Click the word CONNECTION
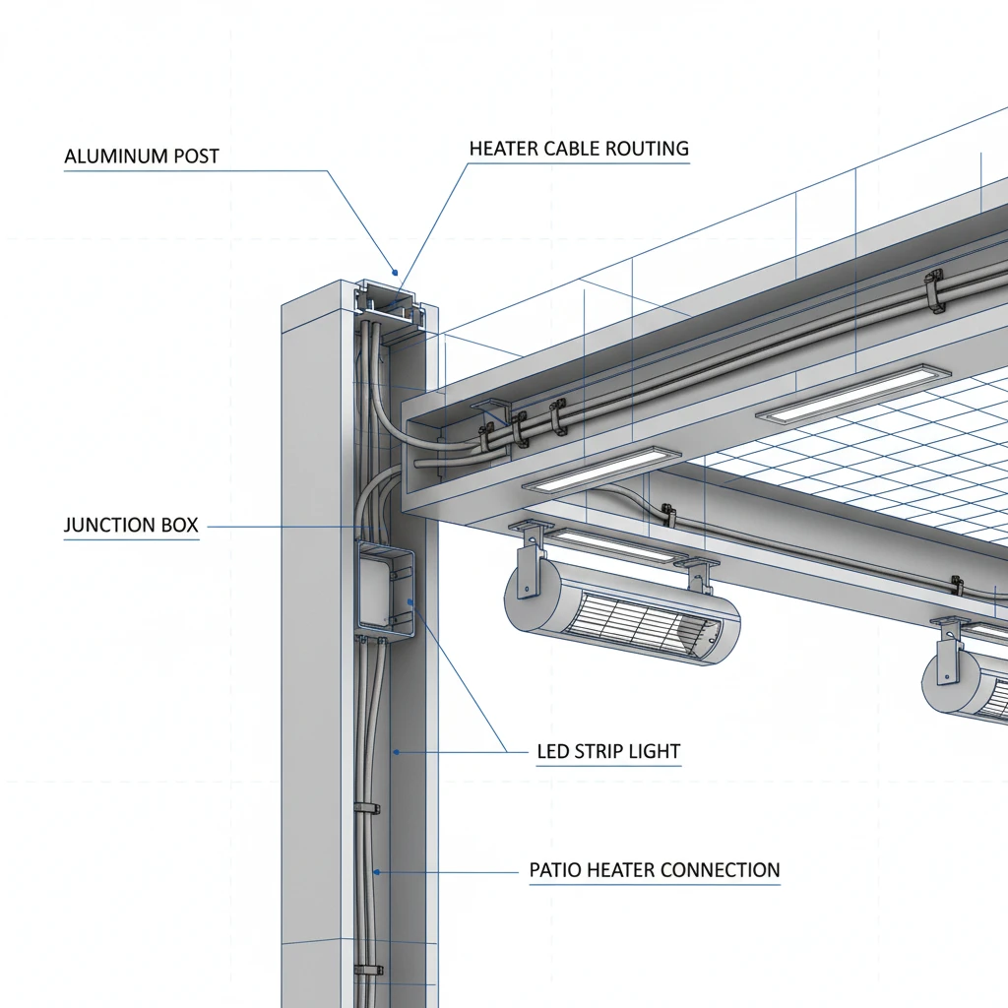pyautogui.click(x=720, y=870)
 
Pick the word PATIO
pyautogui.click(x=555, y=870)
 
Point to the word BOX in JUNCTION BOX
pyautogui.click(x=178, y=526)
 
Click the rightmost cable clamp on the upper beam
pyautogui.click(x=934, y=290)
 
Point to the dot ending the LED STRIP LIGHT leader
pyautogui.click(x=395, y=752)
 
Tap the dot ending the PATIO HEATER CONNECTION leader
pyautogui.click(x=376, y=871)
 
